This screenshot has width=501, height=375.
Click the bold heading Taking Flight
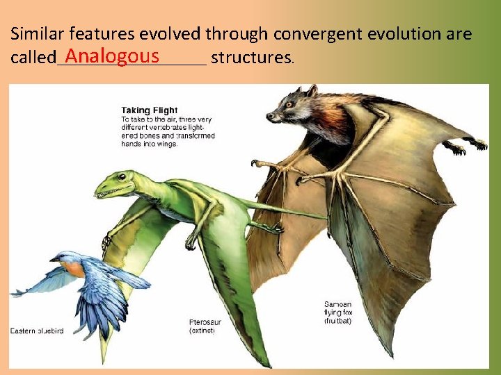pyautogui.click(x=150, y=110)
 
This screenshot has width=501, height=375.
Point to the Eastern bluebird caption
pyautogui.click(x=37, y=331)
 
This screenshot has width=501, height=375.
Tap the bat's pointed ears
pyautogui.click(x=310, y=91)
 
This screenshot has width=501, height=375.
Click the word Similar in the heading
pyautogui.click(x=33, y=33)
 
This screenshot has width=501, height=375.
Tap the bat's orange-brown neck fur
pyautogui.click(x=331, y=114)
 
